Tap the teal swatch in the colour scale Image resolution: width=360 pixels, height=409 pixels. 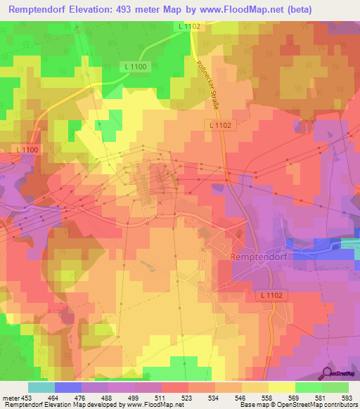point(41,387)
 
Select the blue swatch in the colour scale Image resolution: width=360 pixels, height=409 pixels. point(67,387)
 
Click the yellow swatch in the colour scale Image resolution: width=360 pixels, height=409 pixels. point(281,387)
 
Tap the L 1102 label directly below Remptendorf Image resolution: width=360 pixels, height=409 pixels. point(269,296)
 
